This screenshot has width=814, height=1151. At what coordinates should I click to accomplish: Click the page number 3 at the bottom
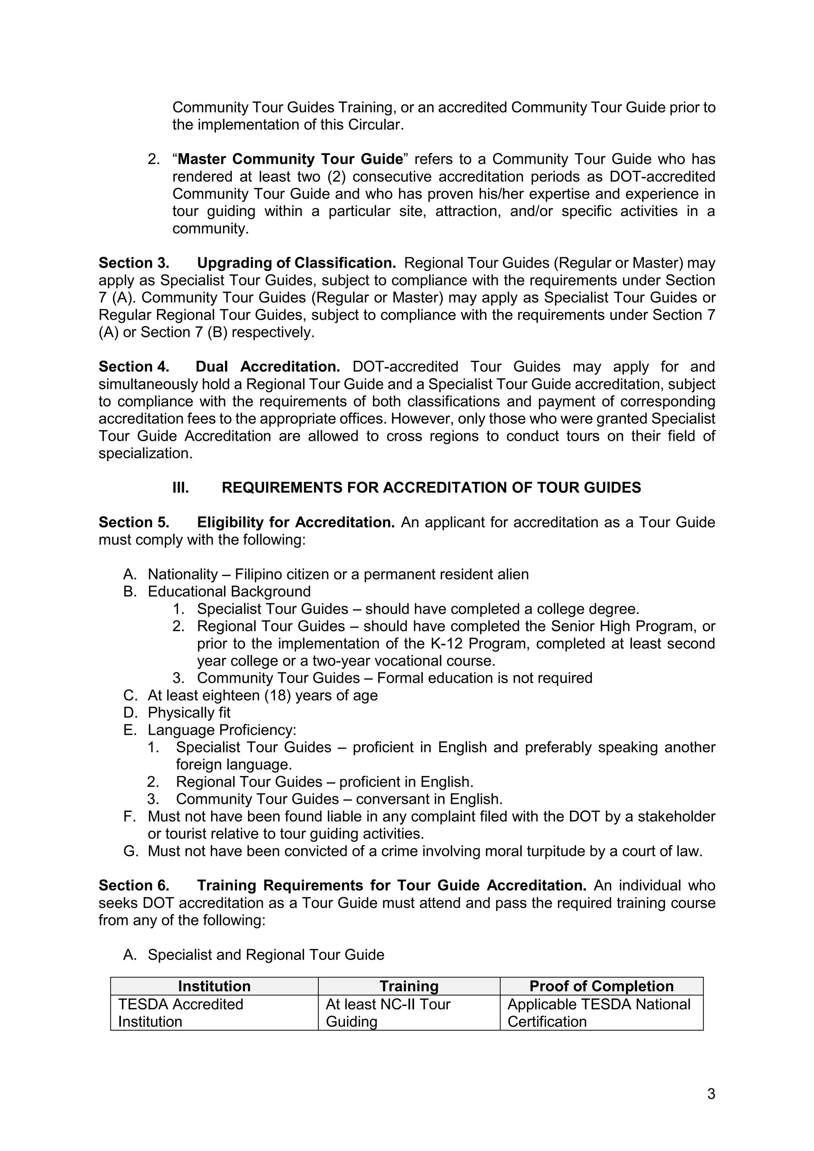click(711, 1093)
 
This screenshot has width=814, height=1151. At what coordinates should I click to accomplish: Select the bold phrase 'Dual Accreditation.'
click(268, 367)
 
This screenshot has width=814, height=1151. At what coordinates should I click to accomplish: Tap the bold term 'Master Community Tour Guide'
click(291, 159)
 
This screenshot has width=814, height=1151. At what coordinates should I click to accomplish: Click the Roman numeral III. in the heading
click(180, 487)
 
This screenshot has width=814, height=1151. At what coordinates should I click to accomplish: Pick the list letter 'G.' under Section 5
click(130, 851)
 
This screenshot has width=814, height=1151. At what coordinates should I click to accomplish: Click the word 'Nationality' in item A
click(182, 574)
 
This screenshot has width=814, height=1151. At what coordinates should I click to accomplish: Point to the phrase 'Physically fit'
click(189, 713)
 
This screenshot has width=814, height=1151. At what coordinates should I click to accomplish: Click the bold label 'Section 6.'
click(134, 885)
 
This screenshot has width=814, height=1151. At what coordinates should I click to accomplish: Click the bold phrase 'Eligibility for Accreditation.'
click(296, 522)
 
